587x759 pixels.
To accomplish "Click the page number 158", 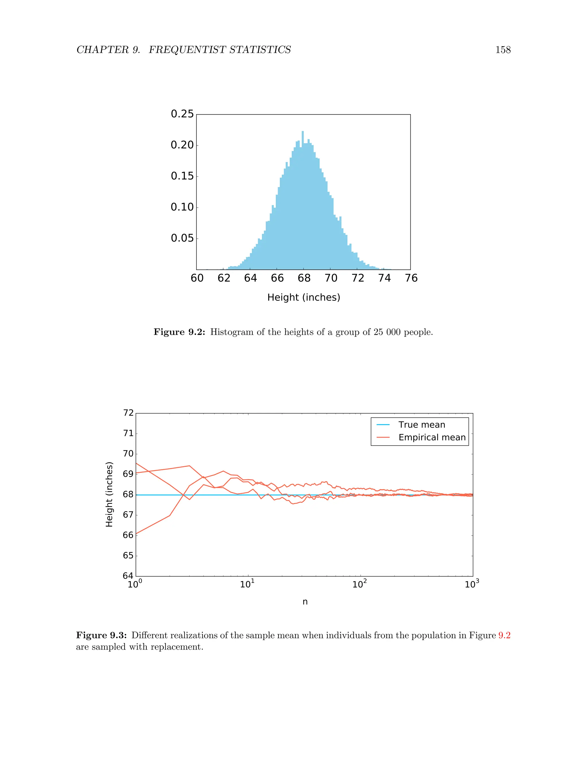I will tap(503, 50).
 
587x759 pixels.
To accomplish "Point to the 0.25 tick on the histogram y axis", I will tap(182, 114).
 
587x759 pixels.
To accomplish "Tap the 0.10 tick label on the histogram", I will tap(182, 207).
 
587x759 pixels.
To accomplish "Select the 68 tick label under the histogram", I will tap(304, 278).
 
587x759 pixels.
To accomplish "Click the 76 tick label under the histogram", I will tap(411, 278).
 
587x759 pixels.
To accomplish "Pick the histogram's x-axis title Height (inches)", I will tap(304, 298).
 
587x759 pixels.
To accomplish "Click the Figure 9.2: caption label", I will tap(179, 332).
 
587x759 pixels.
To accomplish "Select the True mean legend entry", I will tap(421, 425).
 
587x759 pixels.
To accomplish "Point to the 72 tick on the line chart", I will tap(128, 413).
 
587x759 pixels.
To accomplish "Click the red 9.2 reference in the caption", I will tap(504, 635).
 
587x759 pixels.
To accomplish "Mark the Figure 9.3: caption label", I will tap(101, 635).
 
